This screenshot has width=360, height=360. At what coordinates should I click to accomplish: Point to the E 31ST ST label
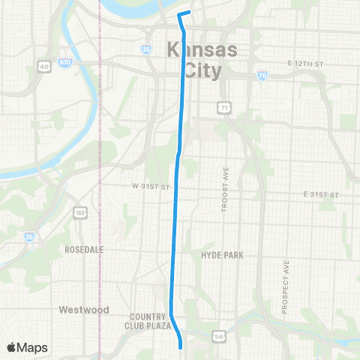322,194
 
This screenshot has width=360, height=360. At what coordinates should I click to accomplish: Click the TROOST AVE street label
223,195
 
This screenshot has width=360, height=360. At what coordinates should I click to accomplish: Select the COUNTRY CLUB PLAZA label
151,321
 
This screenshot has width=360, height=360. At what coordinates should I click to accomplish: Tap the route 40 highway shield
44,67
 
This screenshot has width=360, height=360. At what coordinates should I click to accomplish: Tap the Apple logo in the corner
13,347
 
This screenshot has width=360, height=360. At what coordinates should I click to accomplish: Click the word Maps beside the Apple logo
33,347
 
